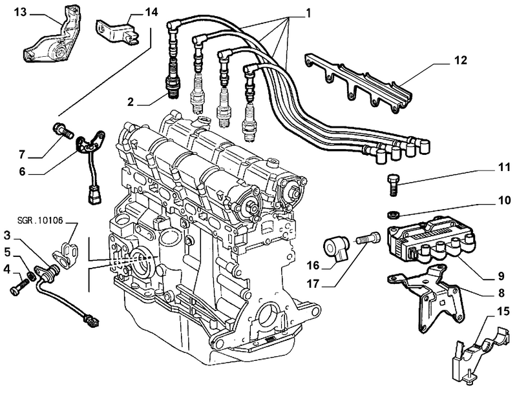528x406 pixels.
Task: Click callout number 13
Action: tap(20, 12)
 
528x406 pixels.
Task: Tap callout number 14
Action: tap(151, 12)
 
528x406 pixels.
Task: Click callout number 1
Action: tap(308, 12)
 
